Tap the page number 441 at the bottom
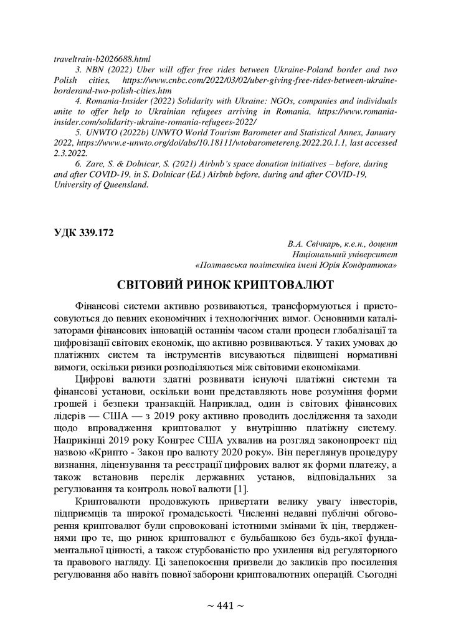[225, 606]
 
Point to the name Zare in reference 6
[92, 164]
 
